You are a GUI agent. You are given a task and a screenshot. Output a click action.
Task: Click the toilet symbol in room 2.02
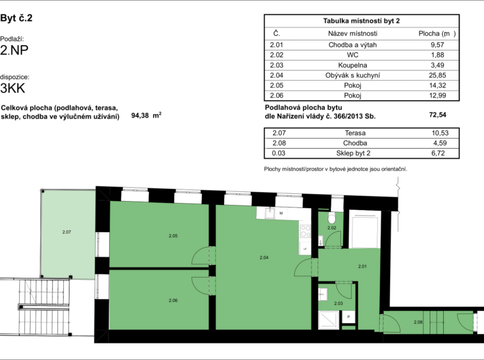[332, 218]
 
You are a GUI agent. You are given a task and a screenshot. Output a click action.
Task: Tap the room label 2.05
[173, 236]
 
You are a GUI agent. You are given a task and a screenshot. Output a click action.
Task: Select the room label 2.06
[173, 300]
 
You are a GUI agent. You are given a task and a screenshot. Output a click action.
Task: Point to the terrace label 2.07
[66, 232]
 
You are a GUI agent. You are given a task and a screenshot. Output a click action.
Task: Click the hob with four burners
[305, 231]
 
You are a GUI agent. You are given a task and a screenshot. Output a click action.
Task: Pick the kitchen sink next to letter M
[270, 213]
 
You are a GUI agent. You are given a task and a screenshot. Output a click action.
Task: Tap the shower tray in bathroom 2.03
[329, 320]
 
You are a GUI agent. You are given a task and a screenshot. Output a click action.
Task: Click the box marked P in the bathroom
[349, 317]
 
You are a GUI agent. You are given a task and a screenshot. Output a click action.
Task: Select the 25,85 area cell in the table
[437, 75]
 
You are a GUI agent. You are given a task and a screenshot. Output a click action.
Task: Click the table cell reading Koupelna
[352, 65]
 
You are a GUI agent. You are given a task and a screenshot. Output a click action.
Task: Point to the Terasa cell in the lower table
[355, 133]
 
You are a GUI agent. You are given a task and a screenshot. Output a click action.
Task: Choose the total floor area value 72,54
[437, 115]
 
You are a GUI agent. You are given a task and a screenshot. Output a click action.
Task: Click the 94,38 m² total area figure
[146, 116]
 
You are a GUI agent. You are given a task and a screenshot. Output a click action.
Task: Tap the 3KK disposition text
[13, 88]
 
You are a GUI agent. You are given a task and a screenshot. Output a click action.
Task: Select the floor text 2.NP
[14, 50]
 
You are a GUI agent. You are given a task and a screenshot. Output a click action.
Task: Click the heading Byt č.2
[17, 18]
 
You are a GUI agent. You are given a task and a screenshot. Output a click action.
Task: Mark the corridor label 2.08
[418, 322]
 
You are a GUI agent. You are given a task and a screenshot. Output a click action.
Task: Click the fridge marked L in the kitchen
[305, 248]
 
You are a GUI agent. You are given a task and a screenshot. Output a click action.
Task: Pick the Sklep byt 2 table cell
[353, 153]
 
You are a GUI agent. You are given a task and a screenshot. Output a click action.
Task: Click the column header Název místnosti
[352, 33]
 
